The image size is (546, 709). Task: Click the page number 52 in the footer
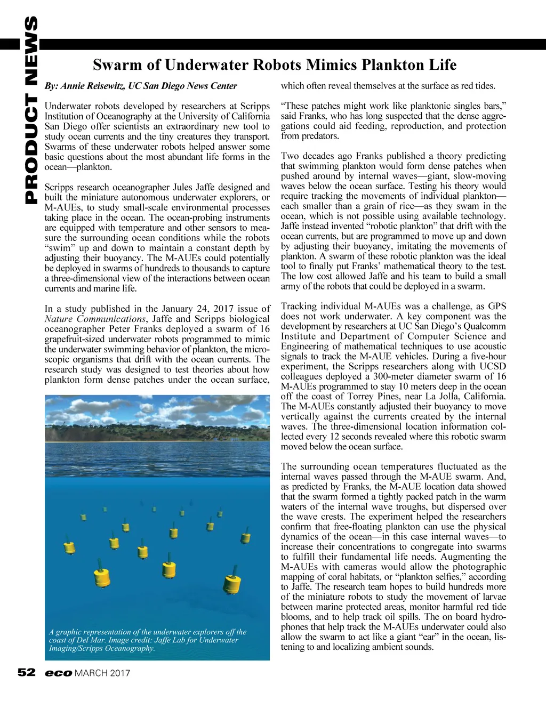27,672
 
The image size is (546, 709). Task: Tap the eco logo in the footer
58,673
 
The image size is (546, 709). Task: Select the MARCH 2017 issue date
102,673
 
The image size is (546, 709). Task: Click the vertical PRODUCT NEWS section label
31,110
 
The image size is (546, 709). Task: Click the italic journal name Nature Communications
95,319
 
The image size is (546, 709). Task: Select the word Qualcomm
484,326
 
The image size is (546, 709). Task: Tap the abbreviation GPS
497,306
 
